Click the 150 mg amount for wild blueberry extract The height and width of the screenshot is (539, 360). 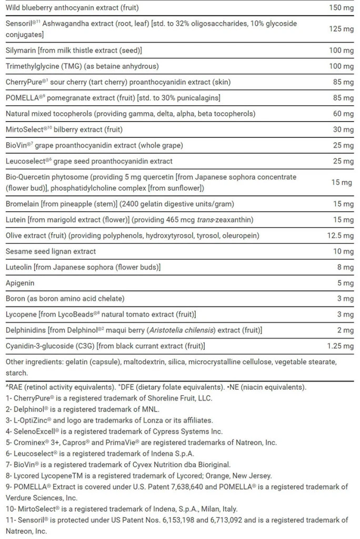click(x=341, y=8)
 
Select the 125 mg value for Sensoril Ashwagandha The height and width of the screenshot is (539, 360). click(x=341, y=29)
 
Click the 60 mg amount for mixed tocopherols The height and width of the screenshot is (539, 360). click(x=343, y=114)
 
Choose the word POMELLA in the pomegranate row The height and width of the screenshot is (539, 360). click(x=22, y=98)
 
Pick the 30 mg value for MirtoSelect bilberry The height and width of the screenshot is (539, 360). click(x=343, y=129)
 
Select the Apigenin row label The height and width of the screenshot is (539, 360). click(x=20, y=283)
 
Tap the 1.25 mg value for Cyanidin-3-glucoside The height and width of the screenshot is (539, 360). click(x=340, y=346)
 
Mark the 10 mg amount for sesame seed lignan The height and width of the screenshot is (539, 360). click(x=343, y=251)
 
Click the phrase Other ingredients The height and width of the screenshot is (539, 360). click(x=32, y=363)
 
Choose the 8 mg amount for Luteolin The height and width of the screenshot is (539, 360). click(x=345, y=267)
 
